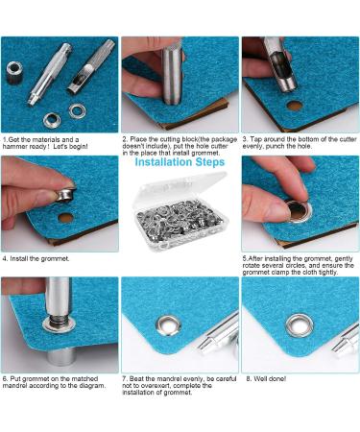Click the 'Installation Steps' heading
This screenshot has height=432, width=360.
click(180, 162)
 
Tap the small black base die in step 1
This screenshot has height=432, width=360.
click(16, 71)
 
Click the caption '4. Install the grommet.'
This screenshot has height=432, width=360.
click(40, 259)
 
